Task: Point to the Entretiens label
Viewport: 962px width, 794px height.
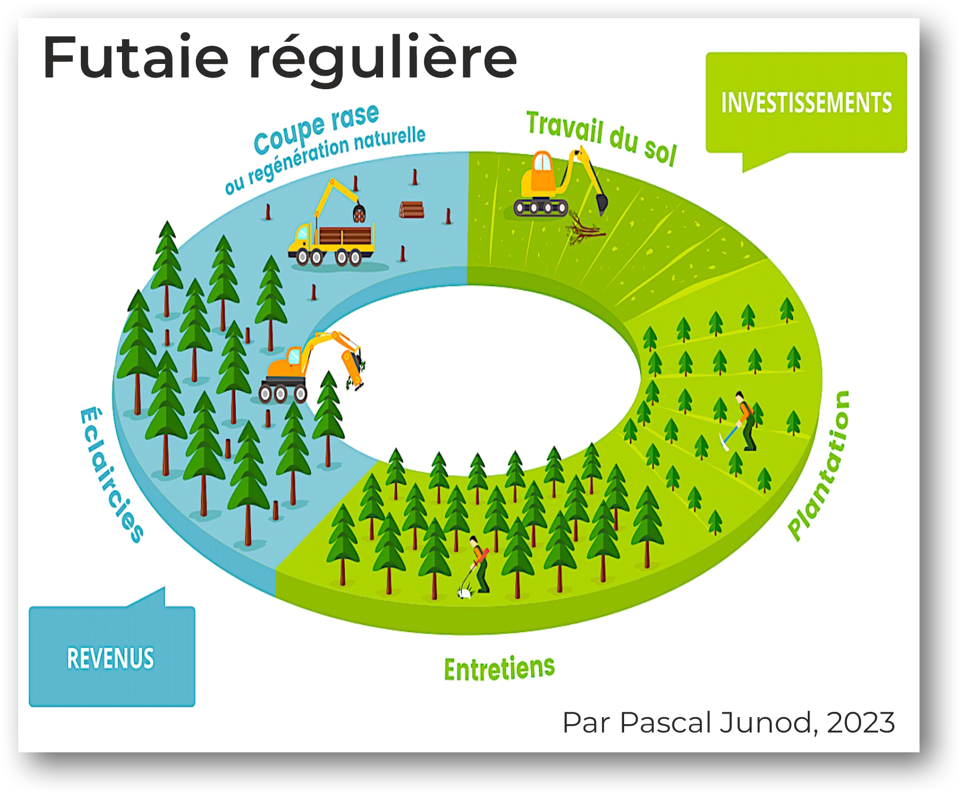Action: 499,669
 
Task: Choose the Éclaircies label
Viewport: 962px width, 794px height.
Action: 111,475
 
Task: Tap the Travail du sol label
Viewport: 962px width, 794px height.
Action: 602,138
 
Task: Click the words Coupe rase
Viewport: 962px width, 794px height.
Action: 317,129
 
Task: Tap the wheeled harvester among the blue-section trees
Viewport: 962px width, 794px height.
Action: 311,367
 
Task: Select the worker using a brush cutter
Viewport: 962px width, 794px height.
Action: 476,567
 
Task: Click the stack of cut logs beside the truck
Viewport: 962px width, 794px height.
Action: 412,210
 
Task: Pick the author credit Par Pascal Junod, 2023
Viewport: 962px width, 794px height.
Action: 729,722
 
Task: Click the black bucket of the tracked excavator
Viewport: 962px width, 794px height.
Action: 602,203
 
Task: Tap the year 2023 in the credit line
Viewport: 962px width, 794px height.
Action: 861,722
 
